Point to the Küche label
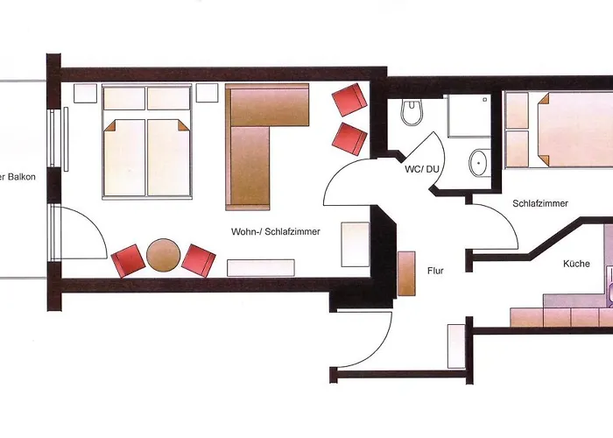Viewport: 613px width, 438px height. (x=577, y=264)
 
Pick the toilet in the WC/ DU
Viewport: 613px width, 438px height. (x=411, y=113)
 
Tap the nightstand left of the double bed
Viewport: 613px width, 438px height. (x=86, y=94)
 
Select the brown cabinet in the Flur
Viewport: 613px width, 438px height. (x=406, y=273)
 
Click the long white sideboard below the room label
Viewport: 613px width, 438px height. (x=260, y=267)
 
